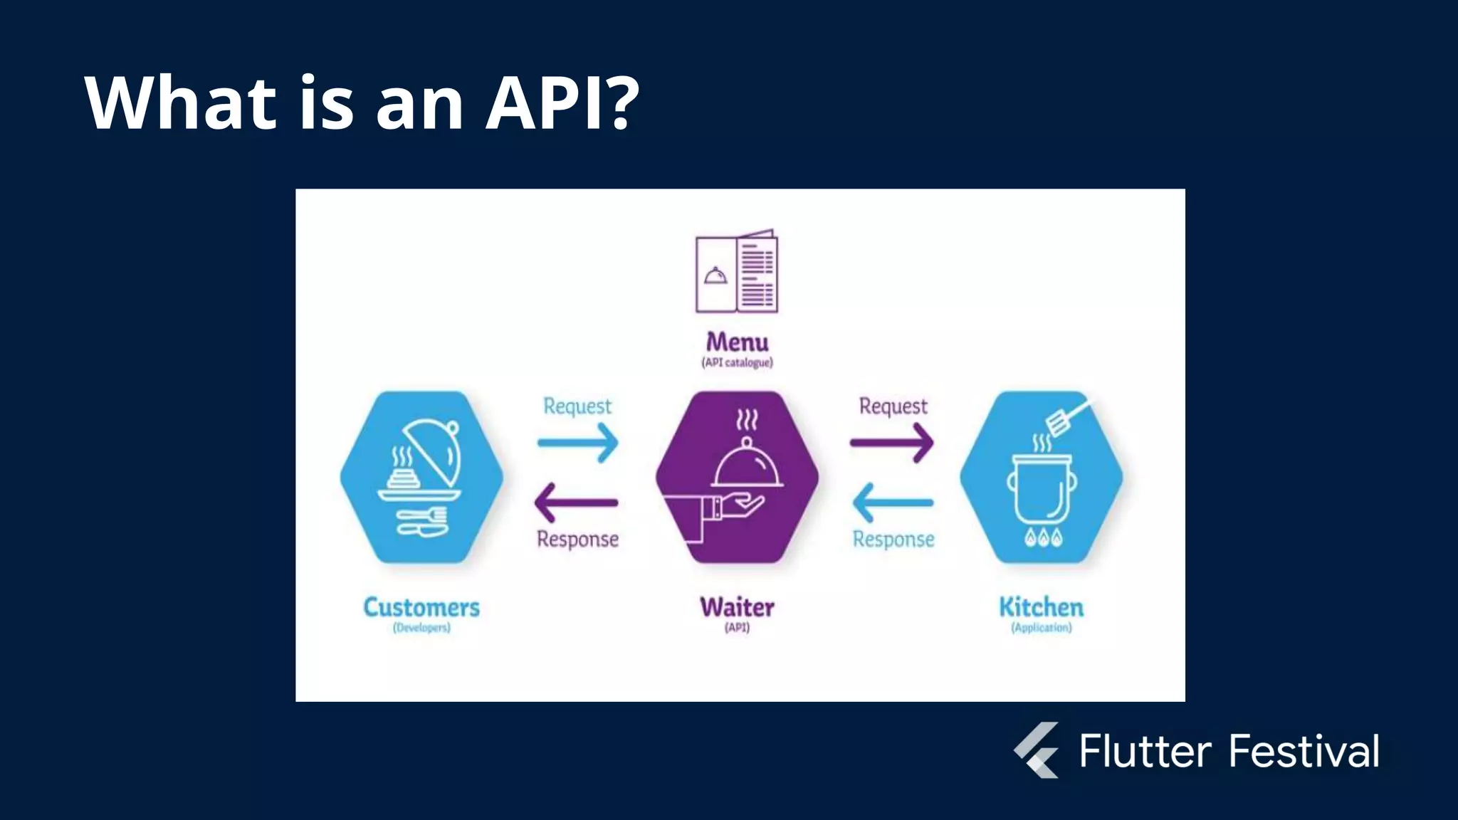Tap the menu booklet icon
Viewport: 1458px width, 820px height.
(x=737, y=271)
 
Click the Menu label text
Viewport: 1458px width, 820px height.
(x=737, y=342)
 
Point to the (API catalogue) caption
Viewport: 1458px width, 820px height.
(x=737, y=362)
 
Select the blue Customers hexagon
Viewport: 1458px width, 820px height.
(x=421, y=476)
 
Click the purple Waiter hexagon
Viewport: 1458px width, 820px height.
(x=737, y=476)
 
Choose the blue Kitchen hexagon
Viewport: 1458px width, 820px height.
(x=1041, y=476)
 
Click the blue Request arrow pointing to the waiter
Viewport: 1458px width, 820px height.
(x=577, y=443)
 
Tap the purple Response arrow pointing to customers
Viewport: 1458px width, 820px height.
(x=577, y=503)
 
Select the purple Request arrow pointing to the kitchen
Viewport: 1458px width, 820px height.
(x=891, y=443)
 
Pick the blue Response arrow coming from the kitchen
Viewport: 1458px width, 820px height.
(x=893, y=503)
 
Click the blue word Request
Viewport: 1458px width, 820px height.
(x=577, y=406)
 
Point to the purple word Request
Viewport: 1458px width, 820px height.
(x=893, y=406)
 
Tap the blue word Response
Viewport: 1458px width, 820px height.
(x=893, y=540)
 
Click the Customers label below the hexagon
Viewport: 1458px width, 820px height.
(x=421, y=608)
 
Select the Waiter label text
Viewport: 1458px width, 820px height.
(x=737, y=608)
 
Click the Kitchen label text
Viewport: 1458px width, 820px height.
(x=1041, y=608)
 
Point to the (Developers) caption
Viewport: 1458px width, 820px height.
(x=421, y=628)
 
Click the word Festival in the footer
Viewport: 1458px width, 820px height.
(x=1304, y=752)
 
